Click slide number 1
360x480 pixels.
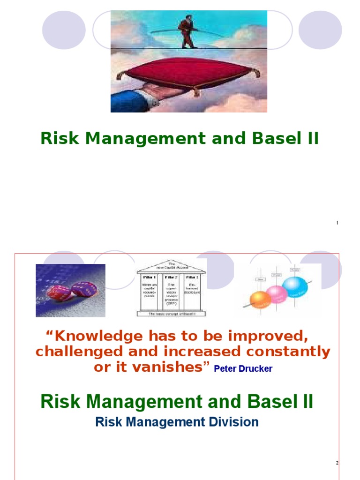[x=337, y=223]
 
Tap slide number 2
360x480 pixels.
[x=337, y=463]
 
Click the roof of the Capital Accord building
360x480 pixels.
[x=171, y=267]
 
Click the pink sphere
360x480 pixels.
[x=277, y=294]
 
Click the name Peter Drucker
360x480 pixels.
[x=243, y=369]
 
